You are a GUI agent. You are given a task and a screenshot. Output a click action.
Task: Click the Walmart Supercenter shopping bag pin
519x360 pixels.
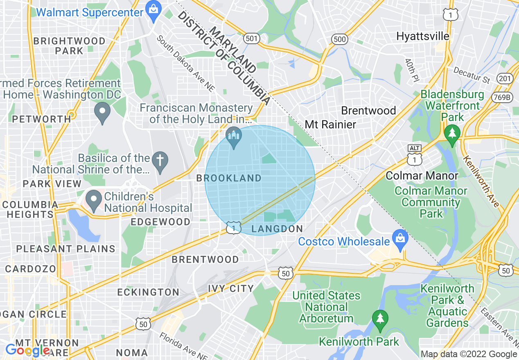(x=153, y=13)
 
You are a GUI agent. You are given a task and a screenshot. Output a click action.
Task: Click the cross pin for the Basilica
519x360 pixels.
(x=160, y=162)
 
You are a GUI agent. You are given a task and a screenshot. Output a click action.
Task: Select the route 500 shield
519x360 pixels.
(x=340, y=39)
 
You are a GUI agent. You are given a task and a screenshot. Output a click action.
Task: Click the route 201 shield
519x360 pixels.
(x=504, y=79)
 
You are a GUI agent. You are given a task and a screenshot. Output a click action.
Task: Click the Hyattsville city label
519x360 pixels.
(x=422, y=36)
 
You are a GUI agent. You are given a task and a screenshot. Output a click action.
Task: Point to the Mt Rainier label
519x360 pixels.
(x=331, y=124)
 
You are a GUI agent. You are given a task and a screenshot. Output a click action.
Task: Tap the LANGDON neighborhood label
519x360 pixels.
(x=277, y=229)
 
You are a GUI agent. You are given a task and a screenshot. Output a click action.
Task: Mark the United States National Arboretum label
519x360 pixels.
(x=326, y=307)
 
